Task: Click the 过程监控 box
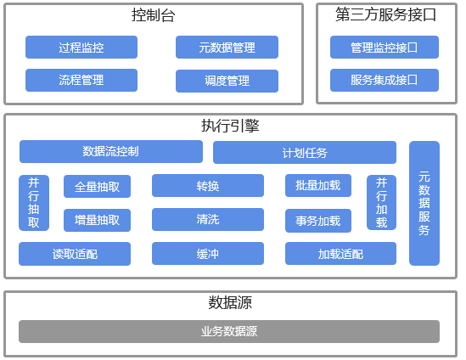point(81,47)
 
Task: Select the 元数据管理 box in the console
point(227,47)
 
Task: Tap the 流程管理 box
point(81,80)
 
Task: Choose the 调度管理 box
point(227,81)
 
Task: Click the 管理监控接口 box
point(385,47)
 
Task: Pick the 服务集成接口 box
point(385,80)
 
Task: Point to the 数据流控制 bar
point(111,152)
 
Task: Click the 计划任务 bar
point(305,153)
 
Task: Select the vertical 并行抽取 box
point(34,203)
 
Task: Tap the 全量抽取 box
point(97,187)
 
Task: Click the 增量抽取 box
point(97,220)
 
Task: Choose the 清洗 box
point(208,219)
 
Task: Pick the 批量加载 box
point(318,185)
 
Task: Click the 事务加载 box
point(318,221)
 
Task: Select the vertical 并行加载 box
point(382,202)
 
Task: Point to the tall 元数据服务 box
point(424,203)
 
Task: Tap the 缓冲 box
point(208,254)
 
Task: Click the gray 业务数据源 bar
point(229,331)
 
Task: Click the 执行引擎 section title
point(230,126)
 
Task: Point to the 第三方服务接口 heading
point(385,14)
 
